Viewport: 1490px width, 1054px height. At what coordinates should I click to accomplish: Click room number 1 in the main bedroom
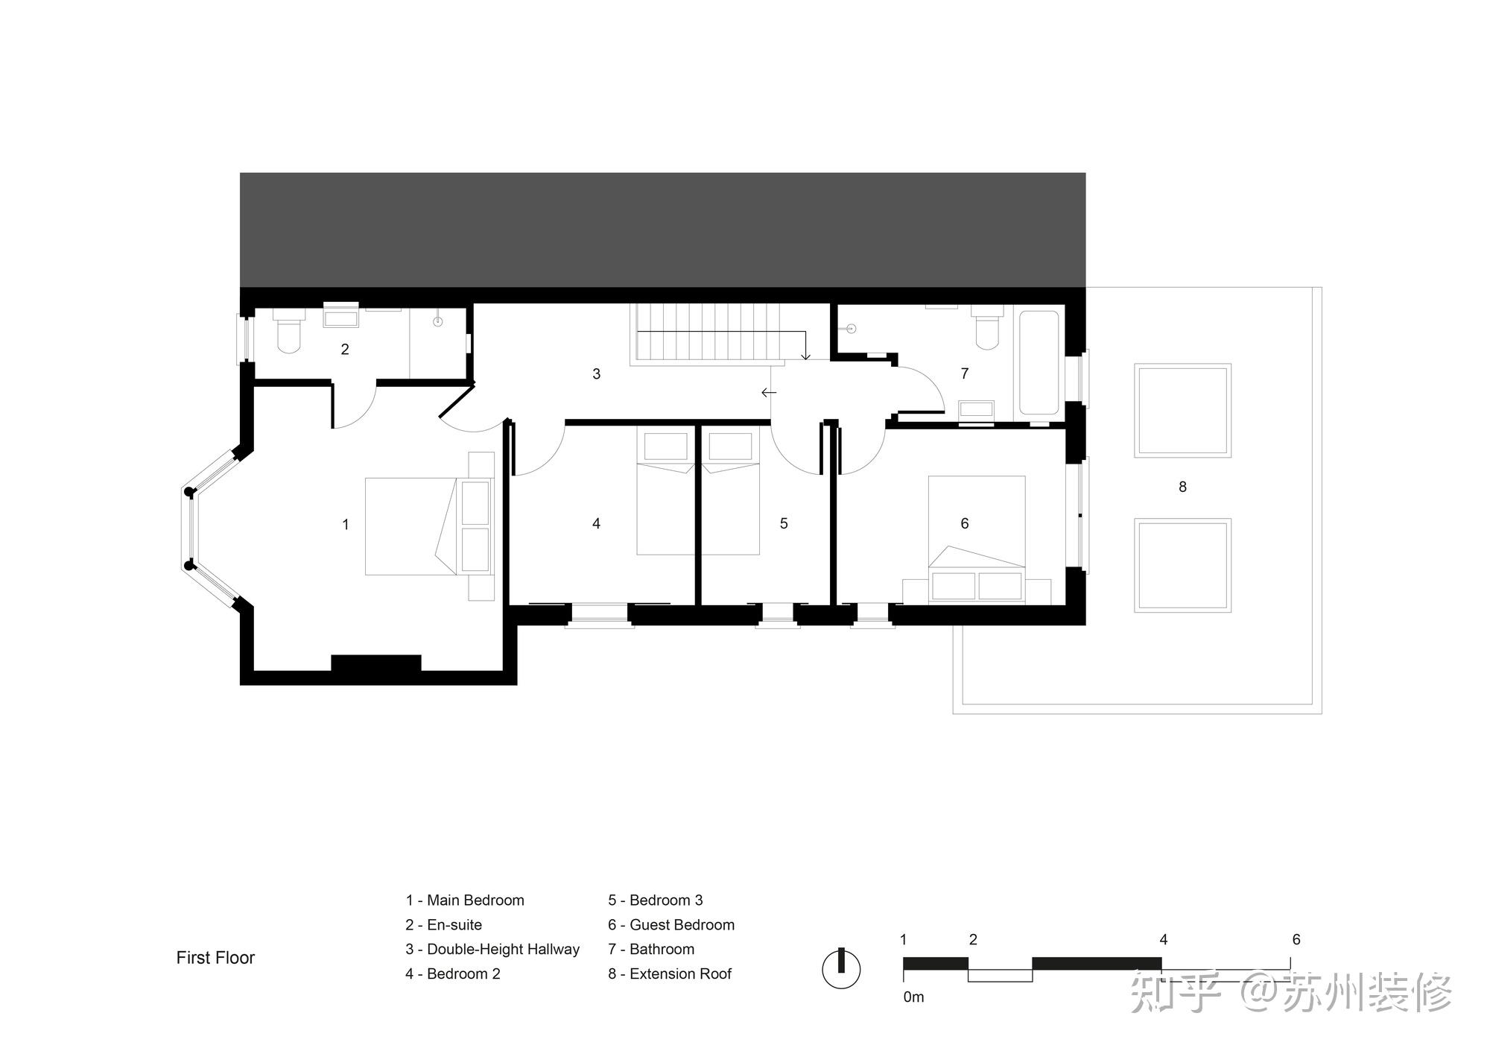(345, 525)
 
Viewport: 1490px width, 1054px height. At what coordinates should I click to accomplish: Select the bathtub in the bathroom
(1039, 363)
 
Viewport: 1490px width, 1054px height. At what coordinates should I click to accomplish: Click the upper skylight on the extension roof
(1182, 410)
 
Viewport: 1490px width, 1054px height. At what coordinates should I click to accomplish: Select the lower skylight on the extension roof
(1182, 565)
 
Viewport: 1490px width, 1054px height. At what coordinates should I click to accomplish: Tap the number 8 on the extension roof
(1182, 487)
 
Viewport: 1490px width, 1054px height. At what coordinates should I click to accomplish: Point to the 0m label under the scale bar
(913, 997)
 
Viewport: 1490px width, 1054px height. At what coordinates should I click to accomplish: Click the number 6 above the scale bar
(1296, 940)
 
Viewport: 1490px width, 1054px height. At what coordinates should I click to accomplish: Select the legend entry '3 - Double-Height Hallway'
(492, 949)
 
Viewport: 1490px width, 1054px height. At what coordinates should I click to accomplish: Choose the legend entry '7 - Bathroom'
(651, 949)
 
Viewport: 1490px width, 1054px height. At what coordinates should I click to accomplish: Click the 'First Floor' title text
(215, 958)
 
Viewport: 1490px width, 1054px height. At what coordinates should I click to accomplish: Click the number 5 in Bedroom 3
(784, 524)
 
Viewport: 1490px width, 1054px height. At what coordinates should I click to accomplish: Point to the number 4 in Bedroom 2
(596, 524)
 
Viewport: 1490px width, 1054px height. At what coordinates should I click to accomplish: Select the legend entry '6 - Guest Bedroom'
(671, 925)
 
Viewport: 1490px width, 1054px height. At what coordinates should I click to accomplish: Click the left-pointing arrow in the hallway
(769, 392)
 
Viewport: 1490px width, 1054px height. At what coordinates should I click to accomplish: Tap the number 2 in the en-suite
(345, 349)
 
